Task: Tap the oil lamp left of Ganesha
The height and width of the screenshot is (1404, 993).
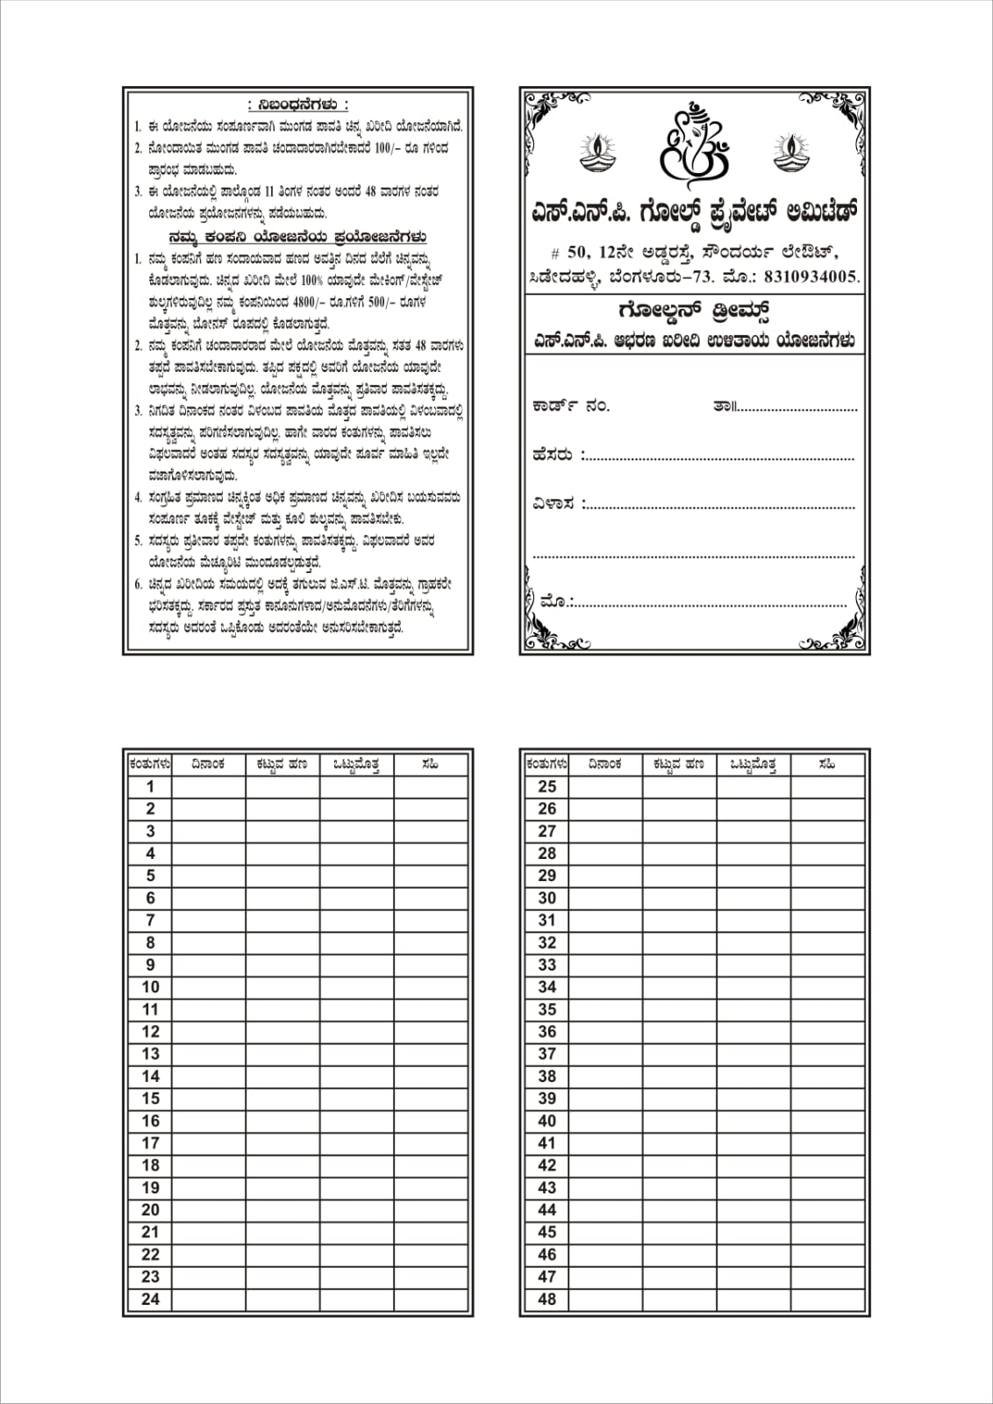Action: click(x=598, y=151)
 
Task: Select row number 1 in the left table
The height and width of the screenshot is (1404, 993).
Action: click(x=150, y=787)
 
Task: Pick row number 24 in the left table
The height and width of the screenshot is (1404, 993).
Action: click(x=150, y=1300)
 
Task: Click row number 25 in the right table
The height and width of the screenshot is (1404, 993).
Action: click(x=547, y=787)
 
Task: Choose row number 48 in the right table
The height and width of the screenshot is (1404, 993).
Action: click(x=547, y=1300)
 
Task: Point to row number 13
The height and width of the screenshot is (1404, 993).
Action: click(x=150, y=1054)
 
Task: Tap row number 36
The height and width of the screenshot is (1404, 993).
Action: click(x=547, y=1032)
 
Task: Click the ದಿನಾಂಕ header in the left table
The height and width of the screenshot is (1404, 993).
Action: click(x=209, y=764)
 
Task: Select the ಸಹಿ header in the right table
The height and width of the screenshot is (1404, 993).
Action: click(x=826, y=764)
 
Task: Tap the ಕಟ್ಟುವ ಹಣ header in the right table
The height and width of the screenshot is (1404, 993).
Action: click(x=679, y=764)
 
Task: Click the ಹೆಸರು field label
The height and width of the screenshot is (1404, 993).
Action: click(x=553, y=455)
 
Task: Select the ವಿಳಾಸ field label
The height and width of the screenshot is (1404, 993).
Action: click(x=554, y=505)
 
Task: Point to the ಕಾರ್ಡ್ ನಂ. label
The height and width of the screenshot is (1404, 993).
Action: click(x=570, y=406)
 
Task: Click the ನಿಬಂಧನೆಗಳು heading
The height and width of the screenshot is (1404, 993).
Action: click(x=298, y=105)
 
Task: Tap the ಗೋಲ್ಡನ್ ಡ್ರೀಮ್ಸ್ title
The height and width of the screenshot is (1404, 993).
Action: click(x=693, y=312)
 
